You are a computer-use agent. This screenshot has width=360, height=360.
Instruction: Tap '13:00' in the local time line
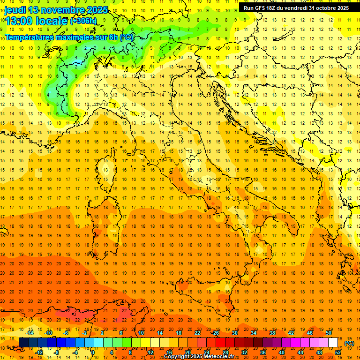pos(18,21)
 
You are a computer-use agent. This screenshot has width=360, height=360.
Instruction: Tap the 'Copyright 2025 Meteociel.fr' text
pos(199,357)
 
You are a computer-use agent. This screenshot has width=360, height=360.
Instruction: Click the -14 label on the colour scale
pos(30,333)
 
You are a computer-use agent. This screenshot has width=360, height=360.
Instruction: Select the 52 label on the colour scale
pos(338,352)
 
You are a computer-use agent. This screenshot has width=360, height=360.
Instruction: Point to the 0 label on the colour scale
pos(93,352)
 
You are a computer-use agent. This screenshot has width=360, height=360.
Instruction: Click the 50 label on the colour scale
pos(329,333)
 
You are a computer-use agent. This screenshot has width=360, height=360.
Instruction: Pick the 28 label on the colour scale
pos(225,352)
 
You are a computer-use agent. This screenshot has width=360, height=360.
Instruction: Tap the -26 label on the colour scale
pos(215,333)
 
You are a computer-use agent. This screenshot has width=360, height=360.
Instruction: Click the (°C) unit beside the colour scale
pos(349,343)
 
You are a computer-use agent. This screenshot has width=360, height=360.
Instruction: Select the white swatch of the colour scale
pos(333,343)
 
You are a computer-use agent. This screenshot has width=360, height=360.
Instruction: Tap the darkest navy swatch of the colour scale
pos(23,343)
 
